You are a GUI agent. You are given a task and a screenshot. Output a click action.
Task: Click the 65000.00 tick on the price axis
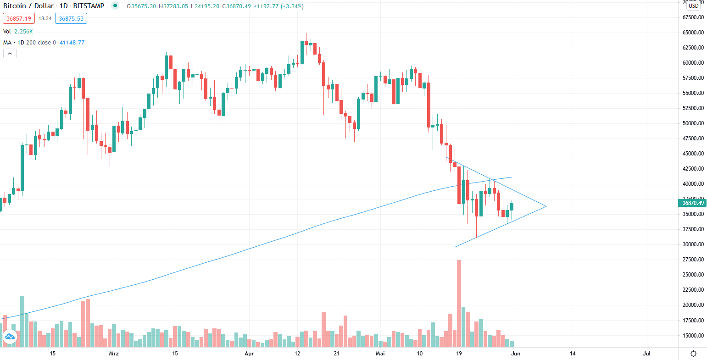[693, 33]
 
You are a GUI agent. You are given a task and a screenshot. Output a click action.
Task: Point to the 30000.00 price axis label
[693, 244]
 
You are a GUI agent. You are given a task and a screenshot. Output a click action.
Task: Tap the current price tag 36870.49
[693, 203]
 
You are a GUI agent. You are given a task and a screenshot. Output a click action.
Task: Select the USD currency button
[693, 6]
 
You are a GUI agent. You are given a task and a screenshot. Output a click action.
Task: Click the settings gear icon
[693, 354]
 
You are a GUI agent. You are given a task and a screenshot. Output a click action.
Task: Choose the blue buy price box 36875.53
[71, 18]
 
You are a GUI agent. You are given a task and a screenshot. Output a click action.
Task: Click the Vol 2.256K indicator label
[18, 32]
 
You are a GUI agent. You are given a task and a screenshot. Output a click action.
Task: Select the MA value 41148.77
[72, 43]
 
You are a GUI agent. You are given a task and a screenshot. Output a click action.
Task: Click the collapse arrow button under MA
[10, 54]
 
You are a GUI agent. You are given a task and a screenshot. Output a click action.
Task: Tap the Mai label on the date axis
[380, 354]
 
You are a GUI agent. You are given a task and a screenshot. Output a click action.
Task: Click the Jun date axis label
[516, 354]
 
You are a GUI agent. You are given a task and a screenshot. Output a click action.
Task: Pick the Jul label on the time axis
[647, 354]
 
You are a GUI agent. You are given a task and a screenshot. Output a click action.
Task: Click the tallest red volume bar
[459, 303]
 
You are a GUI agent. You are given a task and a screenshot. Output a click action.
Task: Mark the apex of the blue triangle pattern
[546, 206]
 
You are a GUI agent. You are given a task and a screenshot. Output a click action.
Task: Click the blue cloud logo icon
[9, 338]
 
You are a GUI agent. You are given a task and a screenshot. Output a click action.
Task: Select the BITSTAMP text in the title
[89, 6]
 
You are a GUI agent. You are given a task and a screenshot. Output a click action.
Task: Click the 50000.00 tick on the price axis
[693, 123]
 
